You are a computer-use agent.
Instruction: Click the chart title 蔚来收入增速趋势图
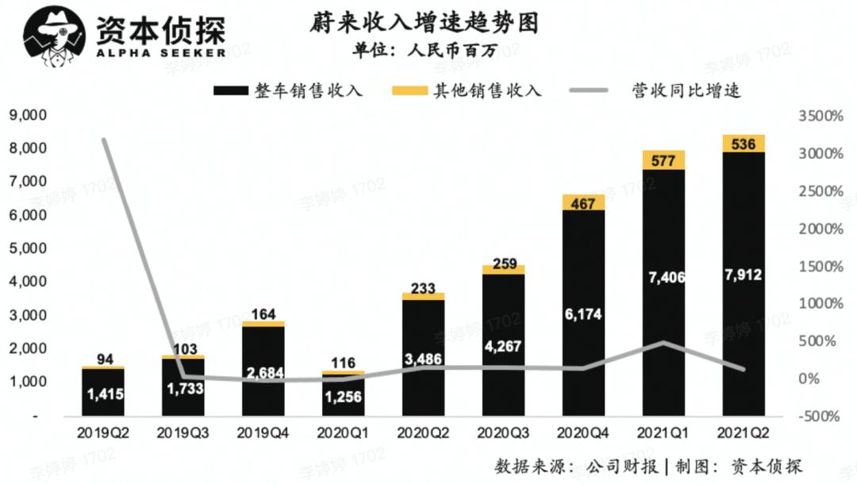424,22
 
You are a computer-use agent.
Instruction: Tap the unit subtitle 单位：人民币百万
424,51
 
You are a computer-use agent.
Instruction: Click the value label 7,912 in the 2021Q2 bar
744,275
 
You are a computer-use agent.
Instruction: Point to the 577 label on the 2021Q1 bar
663,161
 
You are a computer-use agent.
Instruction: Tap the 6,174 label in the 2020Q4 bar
582,314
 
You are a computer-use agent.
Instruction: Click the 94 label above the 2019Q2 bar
103,360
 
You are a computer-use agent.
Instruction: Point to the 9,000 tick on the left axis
28,116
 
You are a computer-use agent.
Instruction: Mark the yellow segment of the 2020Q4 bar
582,203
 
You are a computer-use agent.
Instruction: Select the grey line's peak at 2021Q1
663,342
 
